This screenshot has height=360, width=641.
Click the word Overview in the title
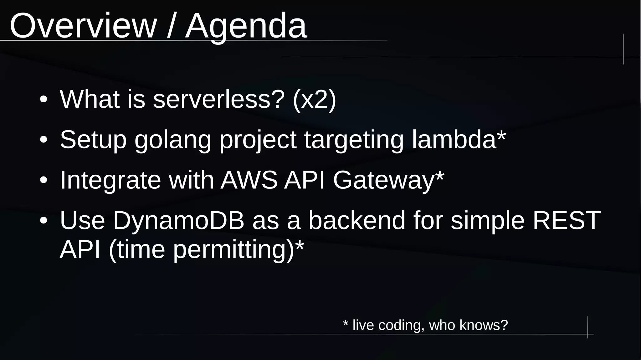(x=83, y=26)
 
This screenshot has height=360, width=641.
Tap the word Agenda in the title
(x=246, y=26)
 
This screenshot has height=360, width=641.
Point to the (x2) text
(x=314, y=100)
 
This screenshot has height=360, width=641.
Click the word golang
(x=173, y=140)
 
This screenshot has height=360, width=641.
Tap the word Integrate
(x=110, y=180)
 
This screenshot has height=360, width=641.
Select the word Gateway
(x=384, y=180)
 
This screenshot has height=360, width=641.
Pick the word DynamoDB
(x=178, y=220)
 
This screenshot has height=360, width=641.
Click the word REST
(x=567, y=220)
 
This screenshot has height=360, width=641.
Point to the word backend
(x=357, y=220)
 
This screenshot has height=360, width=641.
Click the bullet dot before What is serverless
(x=44, y=100)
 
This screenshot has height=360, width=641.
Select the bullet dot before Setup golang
(x=44, y=140)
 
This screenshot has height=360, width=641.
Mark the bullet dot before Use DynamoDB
(x=44, y=221)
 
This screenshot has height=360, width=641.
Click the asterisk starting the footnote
(x=346, y=323)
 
